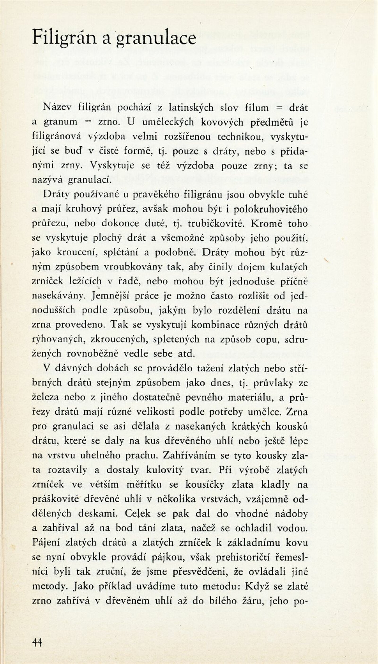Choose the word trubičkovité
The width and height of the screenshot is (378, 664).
[216, 224]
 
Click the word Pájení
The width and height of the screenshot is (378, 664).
[46, 542]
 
